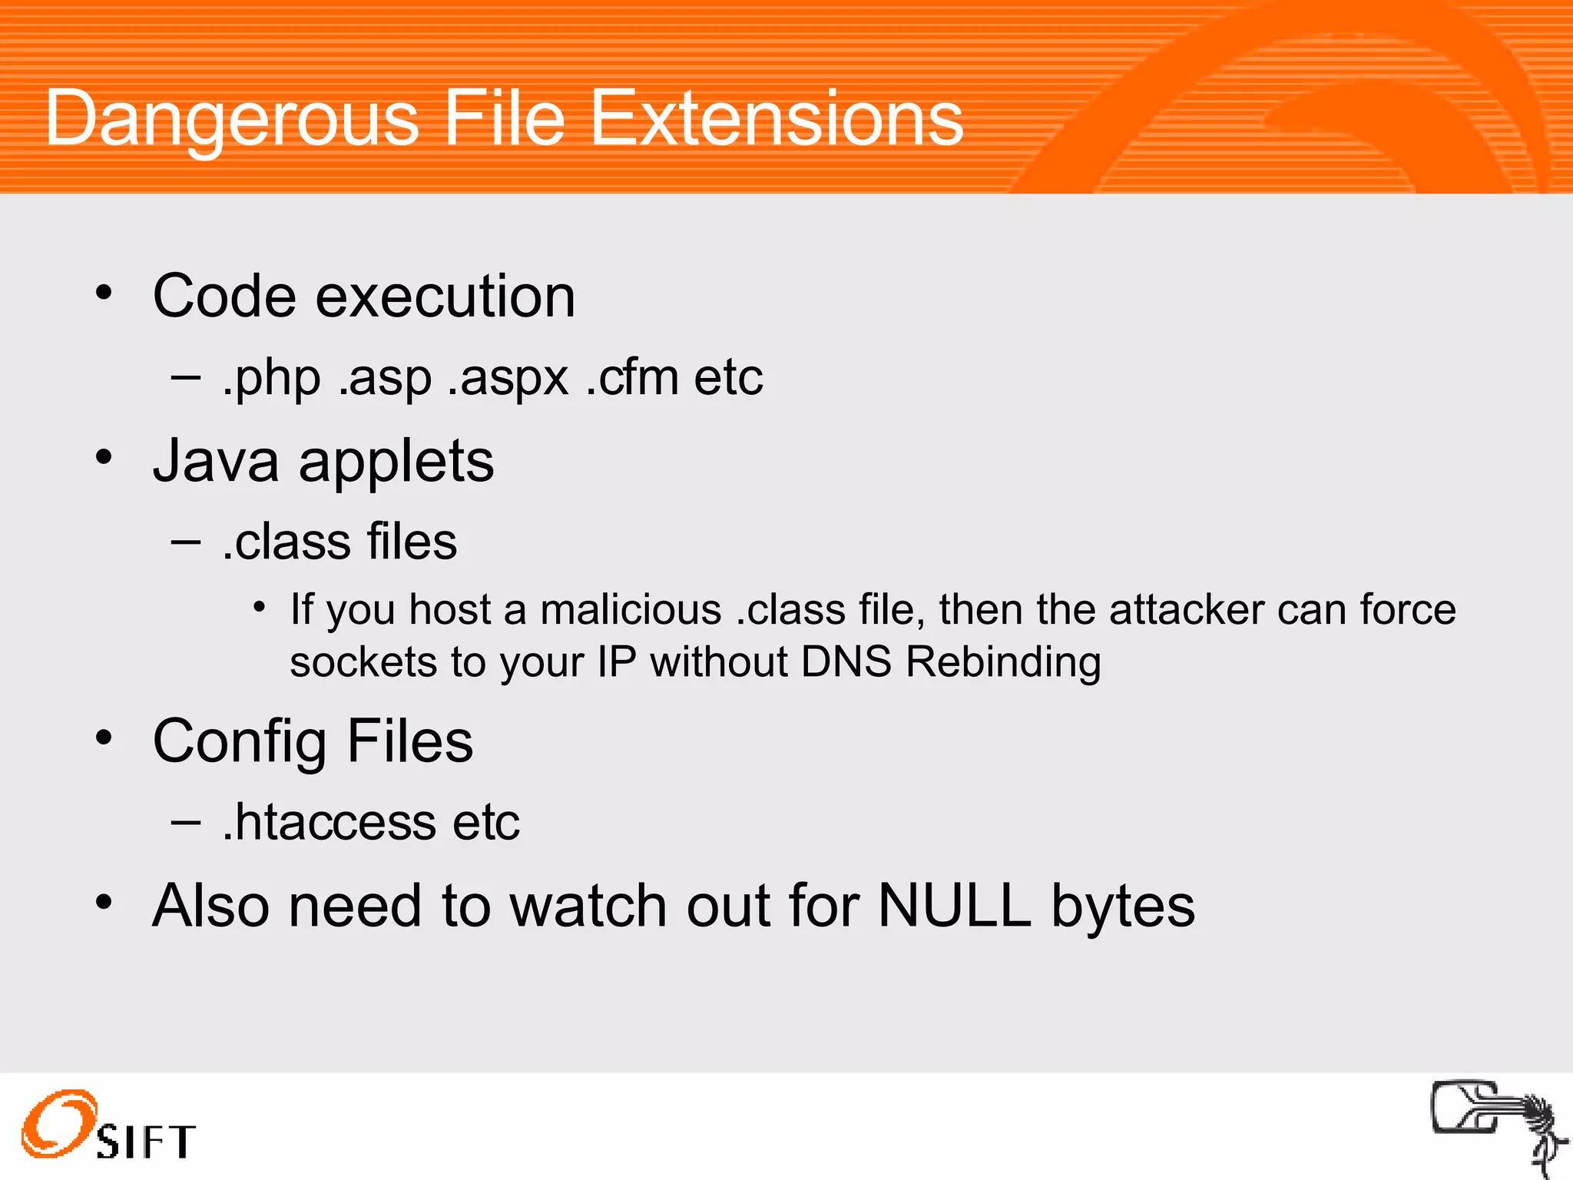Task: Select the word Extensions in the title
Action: (776, 119)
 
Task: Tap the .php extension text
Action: (271, 378)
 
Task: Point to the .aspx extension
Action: (508, 378)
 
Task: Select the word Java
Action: (216, 461)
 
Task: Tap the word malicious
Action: (631, 610)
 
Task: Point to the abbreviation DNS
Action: (846, 662)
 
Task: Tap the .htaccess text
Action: (330, 822)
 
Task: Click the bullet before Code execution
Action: (104, 293)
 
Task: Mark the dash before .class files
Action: (185, 542)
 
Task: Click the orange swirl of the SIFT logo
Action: (58, 1122)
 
